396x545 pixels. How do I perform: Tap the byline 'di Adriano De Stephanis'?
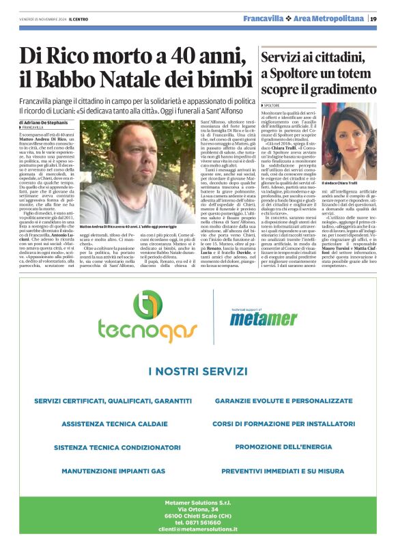coord(48,122)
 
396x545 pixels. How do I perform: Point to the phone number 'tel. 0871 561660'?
coord(197,522)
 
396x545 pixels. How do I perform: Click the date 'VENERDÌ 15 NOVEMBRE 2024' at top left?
coord(40,19)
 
